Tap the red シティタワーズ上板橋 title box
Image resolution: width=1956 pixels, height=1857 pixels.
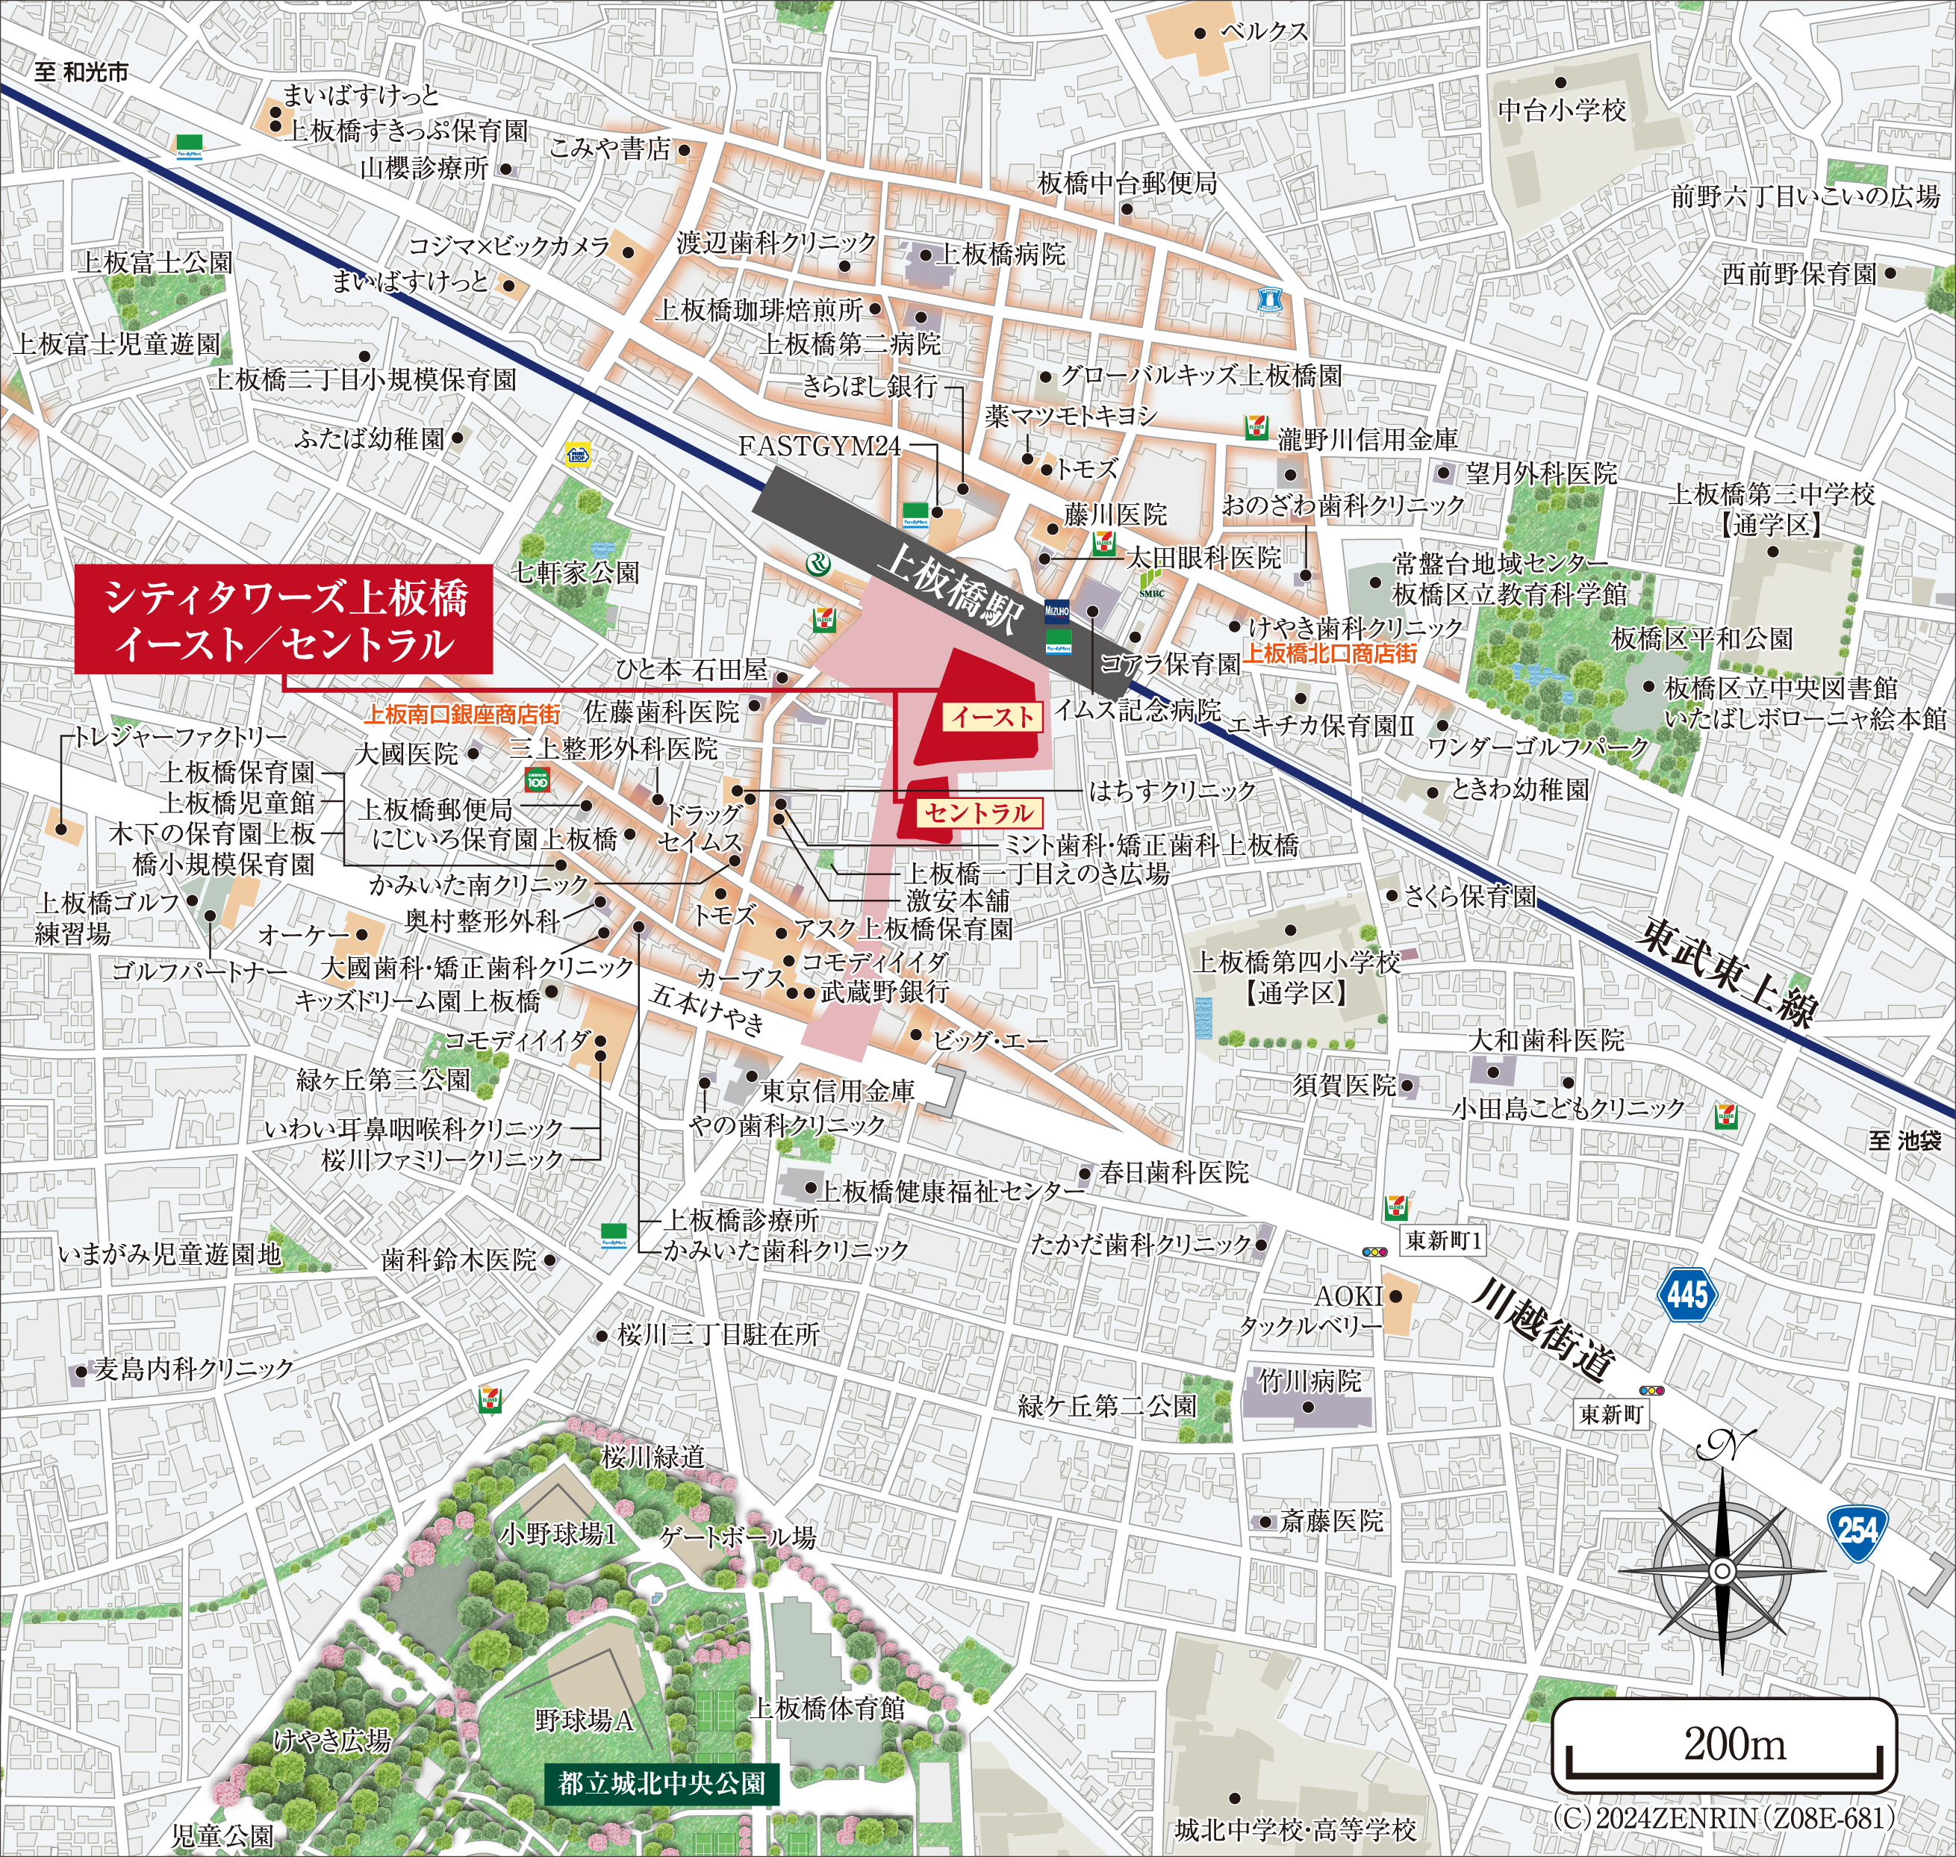click(x=284, y=620)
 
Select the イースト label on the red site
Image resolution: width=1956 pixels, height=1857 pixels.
click(x=993, y=717)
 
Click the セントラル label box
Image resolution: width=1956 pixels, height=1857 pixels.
click(x=978, y=812)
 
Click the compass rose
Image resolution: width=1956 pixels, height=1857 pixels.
click(x=1722, y=1572)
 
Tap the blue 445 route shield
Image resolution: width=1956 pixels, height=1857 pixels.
click(x=1686, y=1294)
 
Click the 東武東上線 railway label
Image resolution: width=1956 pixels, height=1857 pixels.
click(x=1728, y=972)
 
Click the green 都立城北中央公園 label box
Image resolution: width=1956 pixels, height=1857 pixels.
click(x=661, y=1784)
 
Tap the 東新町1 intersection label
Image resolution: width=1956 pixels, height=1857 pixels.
click(x=1443, y=1239)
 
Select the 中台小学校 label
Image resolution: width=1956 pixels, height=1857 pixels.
click(x=1562, y=110)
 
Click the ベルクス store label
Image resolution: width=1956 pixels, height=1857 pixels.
click(x=1264, y=31)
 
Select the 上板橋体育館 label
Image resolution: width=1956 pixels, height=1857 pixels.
click(x=829, y=1708)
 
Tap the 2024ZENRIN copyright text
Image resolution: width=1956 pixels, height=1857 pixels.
click(x=1722, y=1817)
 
